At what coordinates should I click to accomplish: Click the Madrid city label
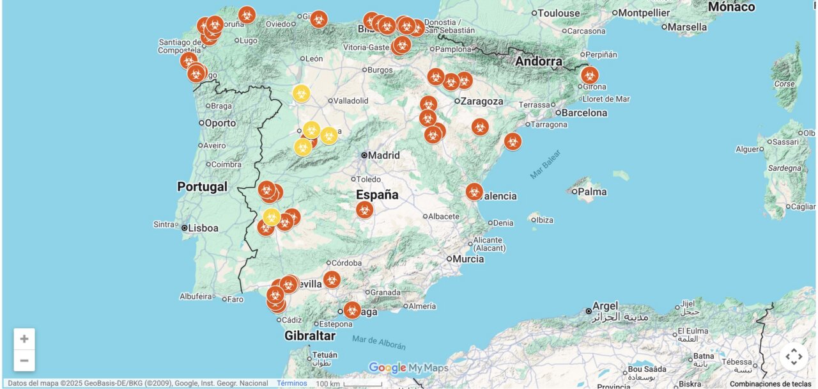(x=383, y=155)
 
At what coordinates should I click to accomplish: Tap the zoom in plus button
(x=24, y=339)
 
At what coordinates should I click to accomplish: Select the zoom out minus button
(x=24, y=360)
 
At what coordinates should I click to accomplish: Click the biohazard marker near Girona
(x=589, y=75)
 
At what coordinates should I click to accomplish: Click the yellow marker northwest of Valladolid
(x=302, y=93)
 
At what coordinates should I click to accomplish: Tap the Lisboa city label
(x=203, y=228)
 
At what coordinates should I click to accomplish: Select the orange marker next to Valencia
(x=474, y=191)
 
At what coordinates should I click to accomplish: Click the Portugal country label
(x=202, y=187)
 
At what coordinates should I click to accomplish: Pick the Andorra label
(x=539, y=62)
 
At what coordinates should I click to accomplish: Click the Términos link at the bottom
(x=291, y=383)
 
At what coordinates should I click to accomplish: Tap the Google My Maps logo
(x=408, y=368)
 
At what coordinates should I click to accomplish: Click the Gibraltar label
(x=310, y=335)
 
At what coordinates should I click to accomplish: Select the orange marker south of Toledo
(x=364, y=209)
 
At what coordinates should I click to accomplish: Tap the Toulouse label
(x=559, y=13)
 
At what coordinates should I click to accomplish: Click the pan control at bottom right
(x=794, y=356)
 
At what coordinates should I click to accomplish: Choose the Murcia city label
(x=468, y=259)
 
